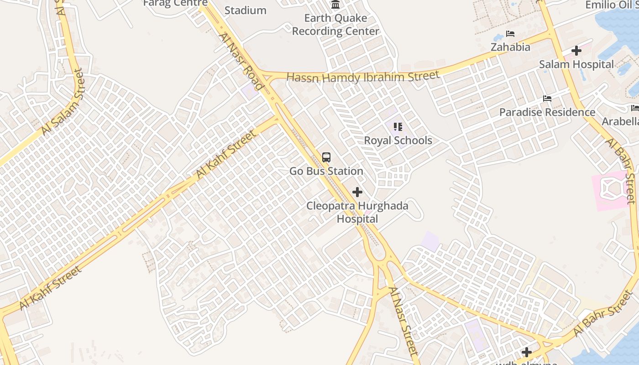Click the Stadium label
246,10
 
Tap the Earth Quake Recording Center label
335,25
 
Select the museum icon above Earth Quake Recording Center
335,5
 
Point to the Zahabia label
510,47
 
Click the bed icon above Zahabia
510,34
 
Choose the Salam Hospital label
576,64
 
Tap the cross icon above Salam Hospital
576,50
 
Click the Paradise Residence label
547,112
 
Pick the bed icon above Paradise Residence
547,99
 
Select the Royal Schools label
398,140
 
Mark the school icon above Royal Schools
398,126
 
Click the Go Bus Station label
326,171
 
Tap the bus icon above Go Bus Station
326,157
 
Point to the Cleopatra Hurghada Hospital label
357,212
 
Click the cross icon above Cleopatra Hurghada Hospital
357,192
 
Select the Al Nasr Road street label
241,61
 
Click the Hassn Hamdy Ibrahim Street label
363,77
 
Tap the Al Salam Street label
63,102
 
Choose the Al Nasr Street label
403,321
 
